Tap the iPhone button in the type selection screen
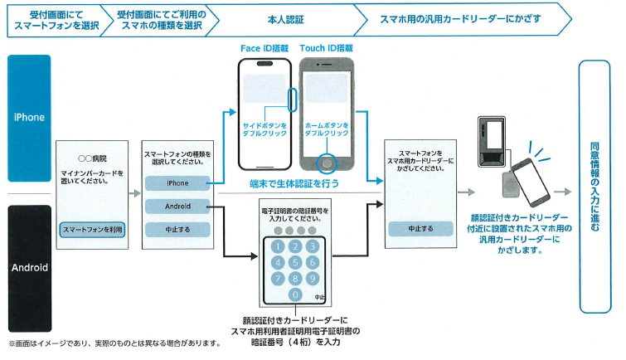pyautogui.click(x=177, y=182)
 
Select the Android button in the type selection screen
pyautogui.click(x=177, y=206)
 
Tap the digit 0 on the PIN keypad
pyautogui.click(x=294, y=294)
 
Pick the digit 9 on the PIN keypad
pyautogui.click(x=312, y=279)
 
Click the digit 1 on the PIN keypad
pyautogui.click(x=277, y=247)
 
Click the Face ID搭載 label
pyautogui.click(x=264, y=48)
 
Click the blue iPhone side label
pyautogui.click(x=29, y=118)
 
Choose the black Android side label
pyautogui.click(x=29, y=268)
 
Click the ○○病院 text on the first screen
pyautogui.click(x=92, y=157)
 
